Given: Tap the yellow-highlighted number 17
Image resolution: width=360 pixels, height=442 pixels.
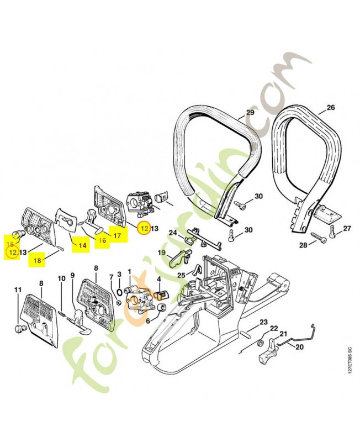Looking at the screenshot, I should click(118, 235).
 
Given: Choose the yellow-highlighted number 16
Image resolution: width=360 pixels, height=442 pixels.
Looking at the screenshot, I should click(102, 240).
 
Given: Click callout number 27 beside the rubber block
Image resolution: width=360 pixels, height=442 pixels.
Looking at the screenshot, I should click(347, 228).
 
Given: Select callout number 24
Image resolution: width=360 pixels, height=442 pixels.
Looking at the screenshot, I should click(173, 232).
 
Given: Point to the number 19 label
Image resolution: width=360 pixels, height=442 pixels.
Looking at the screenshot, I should click(162, 252).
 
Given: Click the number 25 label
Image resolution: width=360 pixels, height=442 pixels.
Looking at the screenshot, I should click(181, 275).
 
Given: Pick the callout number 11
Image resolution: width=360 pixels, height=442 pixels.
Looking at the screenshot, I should click(18, 290).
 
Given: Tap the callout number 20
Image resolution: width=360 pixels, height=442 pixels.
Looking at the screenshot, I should click(300, 347).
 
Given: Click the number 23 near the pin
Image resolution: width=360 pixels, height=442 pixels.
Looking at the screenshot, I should click(263, 322).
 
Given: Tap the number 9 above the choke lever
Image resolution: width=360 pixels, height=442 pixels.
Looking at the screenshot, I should click(72, 275).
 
